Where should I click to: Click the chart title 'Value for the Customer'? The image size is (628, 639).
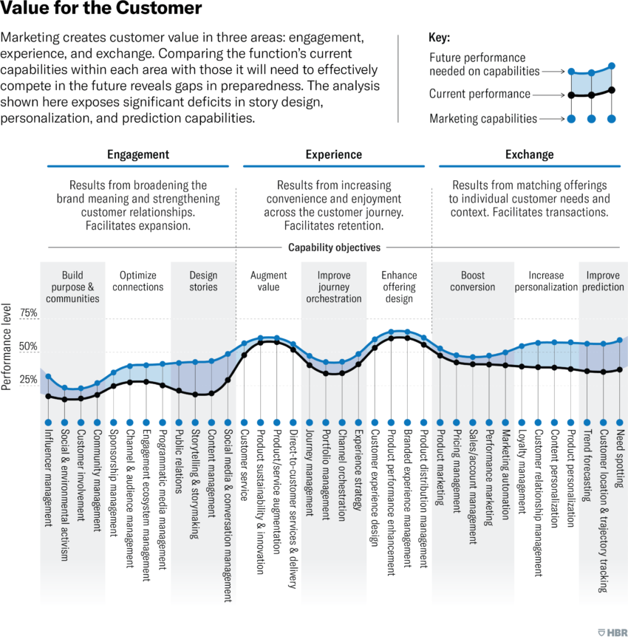[x=101, y=10]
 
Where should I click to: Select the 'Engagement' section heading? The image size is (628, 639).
[x=137, y=154]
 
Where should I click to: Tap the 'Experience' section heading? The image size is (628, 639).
[x=334, y=154]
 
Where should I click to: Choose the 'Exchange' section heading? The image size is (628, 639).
[x=529, y=154]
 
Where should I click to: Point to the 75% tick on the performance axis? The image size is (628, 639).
[x=28, y=313]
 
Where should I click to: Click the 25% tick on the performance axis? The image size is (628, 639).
[x=28, y=380]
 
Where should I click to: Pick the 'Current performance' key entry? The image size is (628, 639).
[x=479, y=94]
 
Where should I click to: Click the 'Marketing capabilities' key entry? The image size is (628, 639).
[x=483, y=118]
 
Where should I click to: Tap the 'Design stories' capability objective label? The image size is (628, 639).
[x=203, y=281]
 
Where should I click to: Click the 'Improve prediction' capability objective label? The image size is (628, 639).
[x=604, y=281]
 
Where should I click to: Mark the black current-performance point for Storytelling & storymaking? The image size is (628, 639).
[x=195, y=394]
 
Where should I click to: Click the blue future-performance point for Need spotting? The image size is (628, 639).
[x=620, y=341]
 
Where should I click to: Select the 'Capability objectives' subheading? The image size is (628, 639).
[x=334, y=248]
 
